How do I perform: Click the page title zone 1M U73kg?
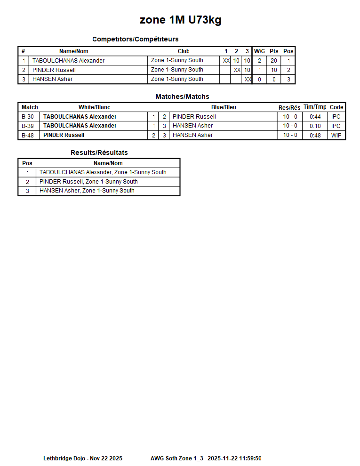click(180, 20)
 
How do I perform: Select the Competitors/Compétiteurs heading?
click(135, 39)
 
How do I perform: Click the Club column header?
click(184, 51)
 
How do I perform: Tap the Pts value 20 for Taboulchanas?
click(274, 61)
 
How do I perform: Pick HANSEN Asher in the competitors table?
click(52, 79)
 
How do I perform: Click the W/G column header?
click(259, 51)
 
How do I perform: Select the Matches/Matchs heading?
click(182, 96)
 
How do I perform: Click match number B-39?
click(28, 126)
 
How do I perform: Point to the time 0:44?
click(315, 117)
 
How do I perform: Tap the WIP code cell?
click(336, 135)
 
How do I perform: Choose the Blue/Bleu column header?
click(224, 107)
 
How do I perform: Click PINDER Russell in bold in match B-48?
click(64, 135)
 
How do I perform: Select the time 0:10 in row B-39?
click(315, 126)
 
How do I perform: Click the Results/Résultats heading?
click(99, 153)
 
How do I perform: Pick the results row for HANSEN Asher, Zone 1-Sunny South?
click(87, 191)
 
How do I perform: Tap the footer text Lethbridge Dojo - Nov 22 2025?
click(83, 458)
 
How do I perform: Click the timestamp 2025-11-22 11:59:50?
click(234, 458)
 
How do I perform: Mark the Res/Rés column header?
click(289, 108)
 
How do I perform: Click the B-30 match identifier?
click(28, 117)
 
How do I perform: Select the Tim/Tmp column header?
click(315, 107)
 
